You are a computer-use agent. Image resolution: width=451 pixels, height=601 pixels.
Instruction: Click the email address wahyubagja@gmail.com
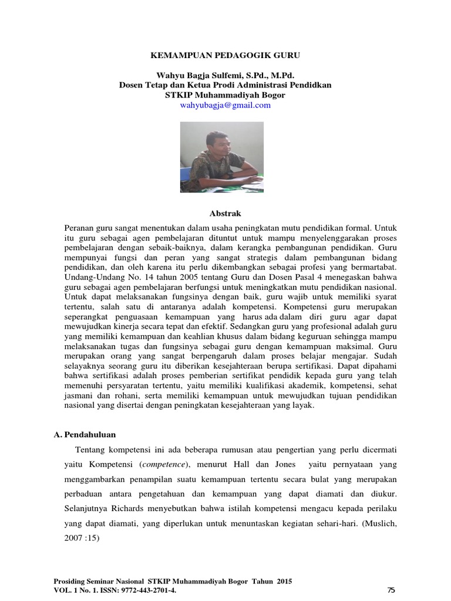pyautogui.click(x=225, y=105)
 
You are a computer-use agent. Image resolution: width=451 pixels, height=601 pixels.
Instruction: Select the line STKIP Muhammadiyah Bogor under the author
pyautogui.click(x=225, y=95)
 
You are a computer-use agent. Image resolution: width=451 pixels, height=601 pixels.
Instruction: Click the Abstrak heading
pyautogui.click(x=225, y=213)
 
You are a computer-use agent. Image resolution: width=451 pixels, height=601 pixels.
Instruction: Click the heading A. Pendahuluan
pyautogui.click(x=85, y=435)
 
